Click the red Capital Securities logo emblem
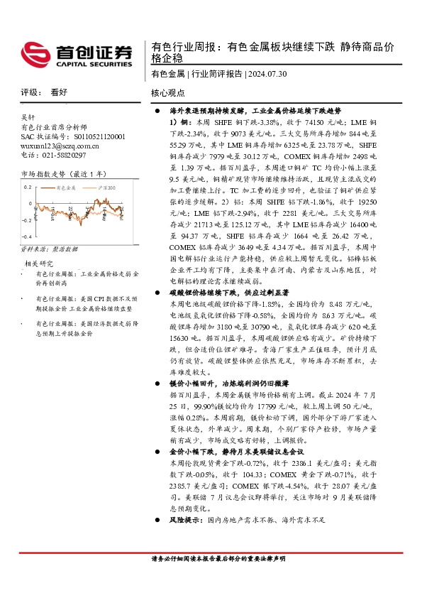(x=35, y=54)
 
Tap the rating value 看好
(x=59, y=93)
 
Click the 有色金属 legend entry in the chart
(x=68, y=187)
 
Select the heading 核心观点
(x=168, y=93)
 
